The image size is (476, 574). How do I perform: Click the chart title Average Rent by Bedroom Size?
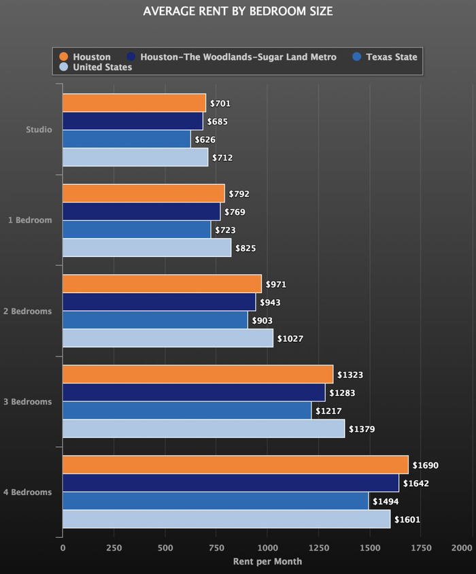tap(238, 12)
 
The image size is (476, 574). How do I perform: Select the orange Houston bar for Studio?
tap(134, 103)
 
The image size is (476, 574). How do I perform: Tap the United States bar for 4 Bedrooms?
tap(226, 519)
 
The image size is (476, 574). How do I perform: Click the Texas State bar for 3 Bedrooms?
tap(187, 410)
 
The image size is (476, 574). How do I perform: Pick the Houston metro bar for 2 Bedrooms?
tap(159, 302)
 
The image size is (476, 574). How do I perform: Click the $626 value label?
tap(205, 139)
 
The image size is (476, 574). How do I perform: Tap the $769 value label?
tap(235, 212)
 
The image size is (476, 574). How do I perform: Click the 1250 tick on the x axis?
tap(318, 547)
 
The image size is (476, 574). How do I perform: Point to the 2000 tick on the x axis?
tap(462, 547)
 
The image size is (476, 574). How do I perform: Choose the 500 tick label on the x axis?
tap(165, 547)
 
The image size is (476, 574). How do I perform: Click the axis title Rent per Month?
tap(267, 562)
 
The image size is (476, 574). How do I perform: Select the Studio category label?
tap(39, 130)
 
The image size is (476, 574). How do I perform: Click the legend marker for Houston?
tap(64, 57)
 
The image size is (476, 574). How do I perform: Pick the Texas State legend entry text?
tap(392, 57)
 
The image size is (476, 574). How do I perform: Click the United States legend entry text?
tap(103, 67)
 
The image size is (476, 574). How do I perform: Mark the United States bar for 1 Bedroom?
tap(147, 248)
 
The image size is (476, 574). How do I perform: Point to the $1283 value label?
tap(343, 393)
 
